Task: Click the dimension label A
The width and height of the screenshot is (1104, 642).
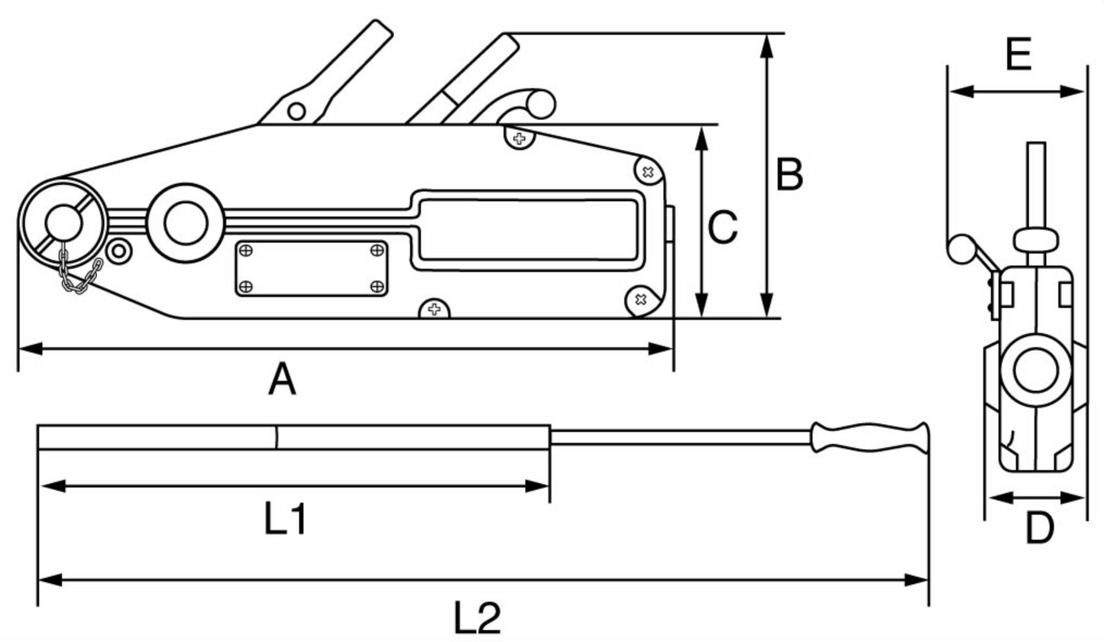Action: click(x=281, y=380)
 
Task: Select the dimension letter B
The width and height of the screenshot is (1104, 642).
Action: click(x=789, y=174)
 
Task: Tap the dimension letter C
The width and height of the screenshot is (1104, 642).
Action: click(x=723, y=227)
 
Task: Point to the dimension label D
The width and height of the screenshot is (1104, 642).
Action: click(x=1038, y=528)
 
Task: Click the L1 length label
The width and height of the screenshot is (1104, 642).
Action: click(x=286, y=520)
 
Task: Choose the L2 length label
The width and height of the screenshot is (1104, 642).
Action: click(x=478, y=618)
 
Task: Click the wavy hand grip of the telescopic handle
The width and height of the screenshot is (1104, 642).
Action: click(x=871, y=438)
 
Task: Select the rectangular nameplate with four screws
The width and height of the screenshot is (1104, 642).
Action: click(x=311, y=268)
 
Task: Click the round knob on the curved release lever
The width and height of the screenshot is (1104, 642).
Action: click(x=540, y=105)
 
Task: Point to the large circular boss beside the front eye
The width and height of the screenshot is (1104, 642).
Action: click(x=186, y=222)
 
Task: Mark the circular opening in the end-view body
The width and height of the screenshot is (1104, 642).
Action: click(x=1035, y=370)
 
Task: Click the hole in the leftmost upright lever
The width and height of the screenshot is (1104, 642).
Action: click(x=296, y=112)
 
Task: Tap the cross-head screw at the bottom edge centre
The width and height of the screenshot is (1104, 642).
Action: click(x=435, y=310)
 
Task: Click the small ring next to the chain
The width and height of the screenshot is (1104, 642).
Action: click(x=118, y=249)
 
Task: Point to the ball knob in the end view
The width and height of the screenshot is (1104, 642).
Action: click(x=960, y=248)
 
